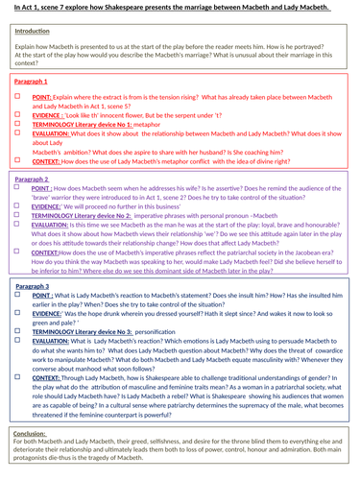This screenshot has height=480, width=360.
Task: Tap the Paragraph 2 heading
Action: click(35, 179)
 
